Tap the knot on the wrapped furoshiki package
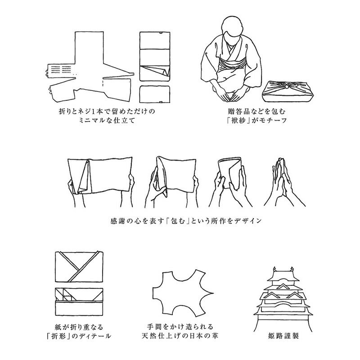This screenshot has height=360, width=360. [287, 86]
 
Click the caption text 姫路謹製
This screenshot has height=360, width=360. [283, 336]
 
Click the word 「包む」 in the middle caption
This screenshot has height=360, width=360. [178, 221]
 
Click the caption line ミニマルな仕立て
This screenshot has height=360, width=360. [107, 120]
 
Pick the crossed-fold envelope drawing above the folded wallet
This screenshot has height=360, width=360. [79, 266]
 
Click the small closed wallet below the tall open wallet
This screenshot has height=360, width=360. [155, 94]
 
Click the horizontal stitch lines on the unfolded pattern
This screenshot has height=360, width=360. [61, 70]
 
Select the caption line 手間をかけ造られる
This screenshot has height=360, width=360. [180, 327]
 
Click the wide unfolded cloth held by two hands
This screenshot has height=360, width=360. [100, 175]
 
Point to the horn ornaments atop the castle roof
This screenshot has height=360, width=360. [283, 269]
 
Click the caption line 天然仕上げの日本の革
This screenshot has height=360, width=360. [180, 336]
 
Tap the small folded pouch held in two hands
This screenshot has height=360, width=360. [229, 173]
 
